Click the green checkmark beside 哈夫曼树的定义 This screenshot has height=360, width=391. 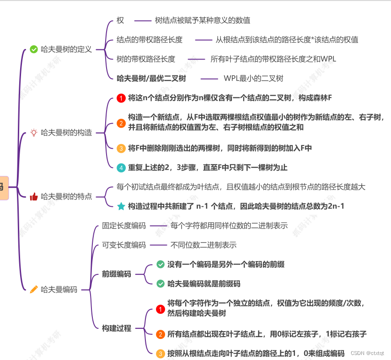click(x=33, y=49)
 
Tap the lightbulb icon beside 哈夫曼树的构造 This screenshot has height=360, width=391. click(x=33, y=133)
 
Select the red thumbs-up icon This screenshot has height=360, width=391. click(x=33, y=196)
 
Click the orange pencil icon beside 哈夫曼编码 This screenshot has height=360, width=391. click(x=33, y=289)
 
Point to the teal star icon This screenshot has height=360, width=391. click(x=121, y=206)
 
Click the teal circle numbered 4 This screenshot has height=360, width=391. click(x=121, y=167)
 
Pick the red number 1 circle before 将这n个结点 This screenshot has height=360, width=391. click(x=121, y=98)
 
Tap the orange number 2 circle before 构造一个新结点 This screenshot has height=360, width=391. click(x=121, y=123)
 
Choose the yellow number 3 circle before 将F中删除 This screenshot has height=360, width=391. click(x=121, y=148)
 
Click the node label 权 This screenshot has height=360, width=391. click(x=120, y=21)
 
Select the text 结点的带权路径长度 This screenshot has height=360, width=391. click(x=150, y=40)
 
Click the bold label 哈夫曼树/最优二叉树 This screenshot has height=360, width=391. click(x=151, y=78)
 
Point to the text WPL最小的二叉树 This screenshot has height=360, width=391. click(x=253, y=78)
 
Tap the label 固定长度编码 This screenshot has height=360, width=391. click(x=124, y=226)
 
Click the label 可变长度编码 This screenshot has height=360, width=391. click(x=124, y=245)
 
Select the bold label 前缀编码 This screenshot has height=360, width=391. click(x=117, y=274)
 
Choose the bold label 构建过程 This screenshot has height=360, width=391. click(x=117, y=328)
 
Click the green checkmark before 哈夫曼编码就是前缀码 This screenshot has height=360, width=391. click(x=161, y=284)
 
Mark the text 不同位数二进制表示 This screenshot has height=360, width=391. click(x=204, y=245)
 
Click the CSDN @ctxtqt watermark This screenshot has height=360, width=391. click(x=368, y=353)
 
